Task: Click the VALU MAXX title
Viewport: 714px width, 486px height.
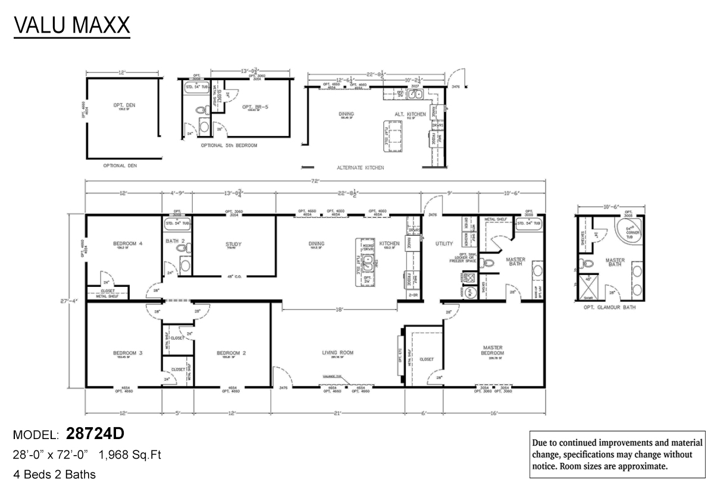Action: point(71,26)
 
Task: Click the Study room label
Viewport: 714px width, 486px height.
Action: point(233,244)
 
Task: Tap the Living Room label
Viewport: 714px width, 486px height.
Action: point(338,352)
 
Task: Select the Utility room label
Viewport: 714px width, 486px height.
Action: point(444,244)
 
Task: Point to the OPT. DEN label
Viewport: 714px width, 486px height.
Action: point(124,105)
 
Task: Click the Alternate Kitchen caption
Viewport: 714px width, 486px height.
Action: point(360,168)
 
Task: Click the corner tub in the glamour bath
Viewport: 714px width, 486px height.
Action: point(629,229)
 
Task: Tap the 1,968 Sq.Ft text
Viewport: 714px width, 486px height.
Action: point(130,455)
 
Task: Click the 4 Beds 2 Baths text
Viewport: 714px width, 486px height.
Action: point(55,474)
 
